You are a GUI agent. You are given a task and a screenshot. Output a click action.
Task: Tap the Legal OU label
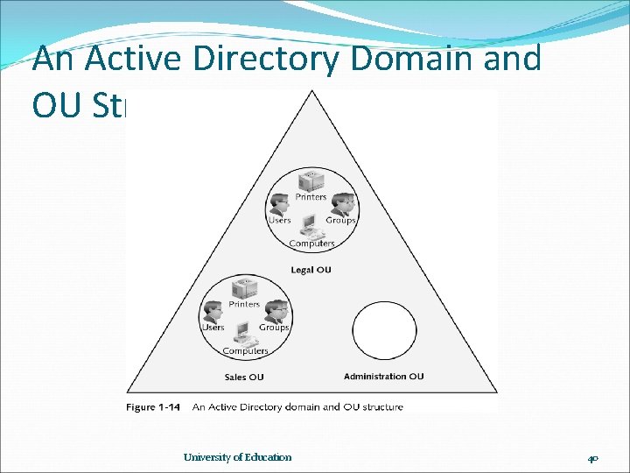point(311,270)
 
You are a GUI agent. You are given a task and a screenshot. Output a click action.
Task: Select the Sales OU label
point(244,378)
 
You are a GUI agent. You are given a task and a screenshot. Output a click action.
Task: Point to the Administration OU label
point(383,377)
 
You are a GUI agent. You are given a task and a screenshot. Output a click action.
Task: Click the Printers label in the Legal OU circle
point(311,197)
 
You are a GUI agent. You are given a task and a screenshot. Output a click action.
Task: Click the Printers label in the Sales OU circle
point(244,305)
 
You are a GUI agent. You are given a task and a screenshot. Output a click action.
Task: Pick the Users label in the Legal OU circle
point(279,221)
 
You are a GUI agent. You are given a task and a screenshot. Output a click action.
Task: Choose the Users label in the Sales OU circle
point(213,328)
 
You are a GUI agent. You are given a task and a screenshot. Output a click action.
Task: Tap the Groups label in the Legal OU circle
point(340,221)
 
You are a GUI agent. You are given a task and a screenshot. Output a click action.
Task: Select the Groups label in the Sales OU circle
point(274,328)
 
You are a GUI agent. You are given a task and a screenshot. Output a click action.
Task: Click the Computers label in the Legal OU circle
point(311,244)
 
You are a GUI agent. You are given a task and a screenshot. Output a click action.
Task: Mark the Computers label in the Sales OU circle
point(245,351)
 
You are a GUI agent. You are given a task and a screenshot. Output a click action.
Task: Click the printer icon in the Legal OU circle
point(311,181)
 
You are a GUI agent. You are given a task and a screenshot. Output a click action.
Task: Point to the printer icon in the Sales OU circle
point(244,288)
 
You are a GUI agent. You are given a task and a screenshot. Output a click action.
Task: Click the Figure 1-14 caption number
point(152,406)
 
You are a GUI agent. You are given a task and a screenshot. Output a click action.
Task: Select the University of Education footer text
point(238,457)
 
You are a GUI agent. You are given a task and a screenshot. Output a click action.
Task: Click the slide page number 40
point(593,458)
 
